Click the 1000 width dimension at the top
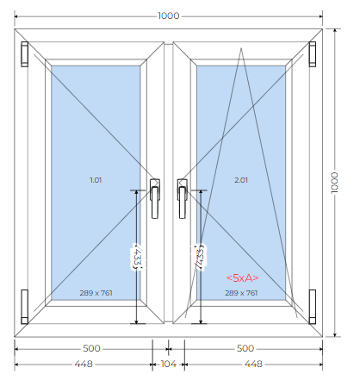pos(169,16)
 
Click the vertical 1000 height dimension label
pos(334,183)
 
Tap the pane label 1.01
pos(96,180)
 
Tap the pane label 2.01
pos(241,180)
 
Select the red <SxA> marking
pos(243,278)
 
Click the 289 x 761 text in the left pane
pos(96,293)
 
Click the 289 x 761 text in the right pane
pos(241,293)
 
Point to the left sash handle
pos(155,198)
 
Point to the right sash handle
pos(182,198)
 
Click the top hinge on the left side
pos(24,54)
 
